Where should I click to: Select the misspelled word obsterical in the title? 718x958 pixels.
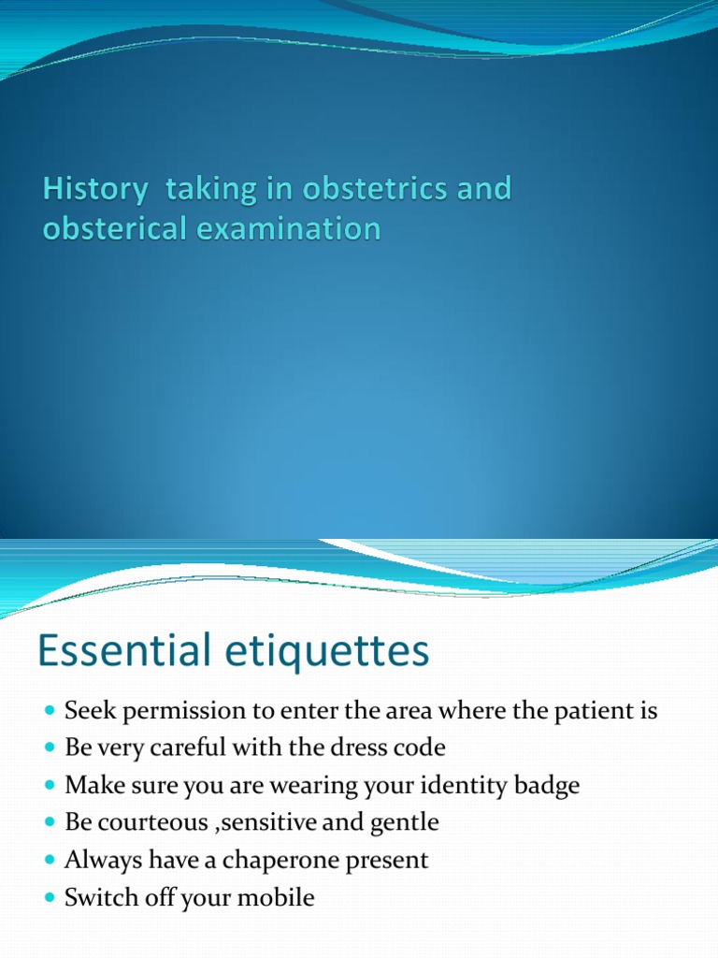pyautogui.click(x=109, y=229)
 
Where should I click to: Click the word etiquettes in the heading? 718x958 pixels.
pyautogui.click(x=327, y=651)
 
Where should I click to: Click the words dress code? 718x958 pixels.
pyautogui.click(x=399, y=748)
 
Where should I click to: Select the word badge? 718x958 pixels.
pyautogui.click(x=545, y=787)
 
